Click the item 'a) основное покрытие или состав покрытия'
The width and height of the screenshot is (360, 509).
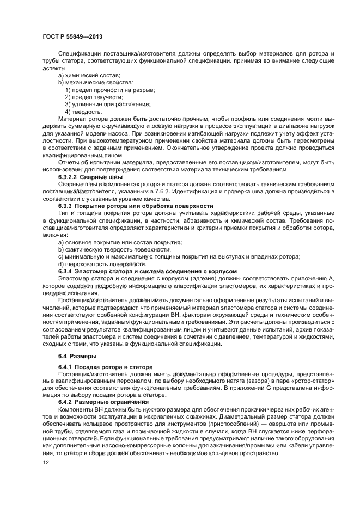coord(120,242)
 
